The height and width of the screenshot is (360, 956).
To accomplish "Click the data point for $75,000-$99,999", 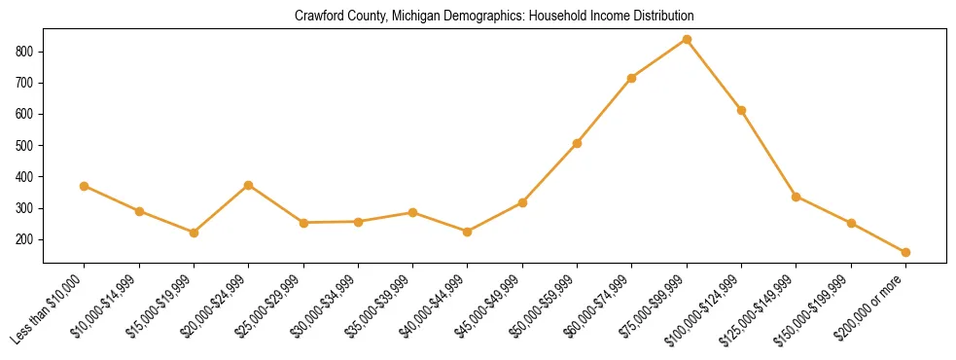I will (687, 40).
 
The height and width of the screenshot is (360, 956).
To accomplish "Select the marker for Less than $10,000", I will (85, 186).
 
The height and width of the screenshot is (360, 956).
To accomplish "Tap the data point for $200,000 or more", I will (905, 252).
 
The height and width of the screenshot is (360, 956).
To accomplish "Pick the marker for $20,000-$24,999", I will (249, 185).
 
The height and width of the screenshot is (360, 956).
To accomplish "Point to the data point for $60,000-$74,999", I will (632, 78).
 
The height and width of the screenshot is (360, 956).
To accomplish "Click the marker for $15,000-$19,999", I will (195, 233).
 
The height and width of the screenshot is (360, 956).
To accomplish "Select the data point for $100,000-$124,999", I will (741, 110).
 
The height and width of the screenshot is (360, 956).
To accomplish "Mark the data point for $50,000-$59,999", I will (577, 143).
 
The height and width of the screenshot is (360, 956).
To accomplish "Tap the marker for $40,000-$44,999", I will (468, 232).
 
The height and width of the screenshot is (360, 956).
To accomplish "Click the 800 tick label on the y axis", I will (28, 52).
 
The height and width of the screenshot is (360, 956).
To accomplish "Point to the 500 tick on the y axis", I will (28, 146).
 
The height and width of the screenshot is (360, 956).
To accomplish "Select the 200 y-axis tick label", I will (28, 240).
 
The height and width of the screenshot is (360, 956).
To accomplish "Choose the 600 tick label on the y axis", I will (28, 114).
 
